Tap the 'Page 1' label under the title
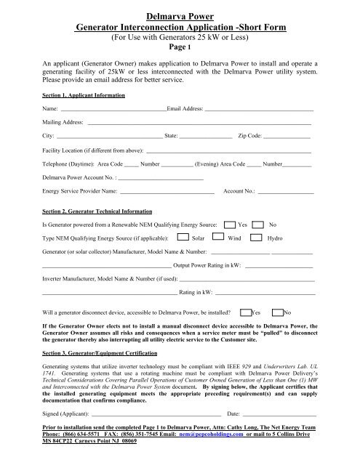coord(180,46)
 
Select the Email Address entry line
coord(258,110)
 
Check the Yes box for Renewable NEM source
coord(230,225)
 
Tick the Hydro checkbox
coord(257,238)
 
